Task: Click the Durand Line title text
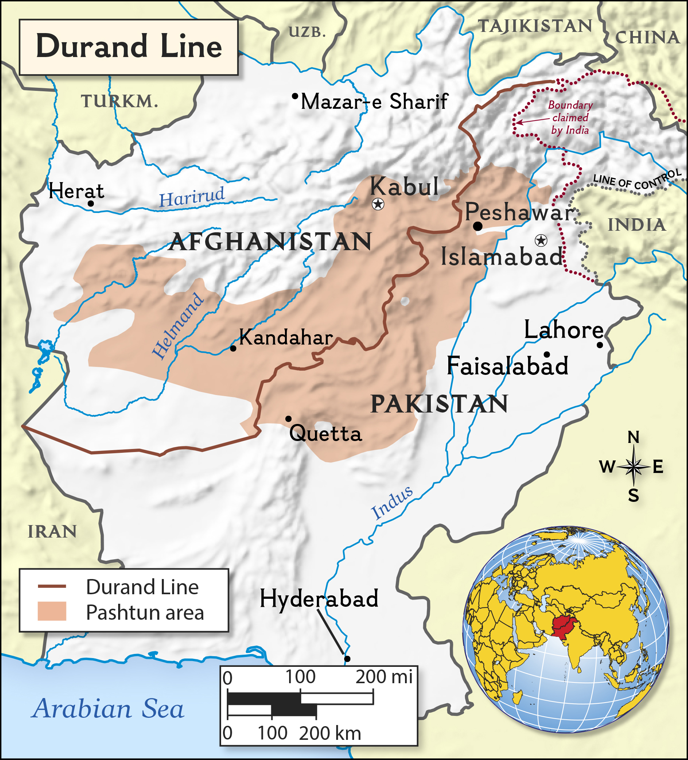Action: (129, 46)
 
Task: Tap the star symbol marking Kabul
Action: (378, 204)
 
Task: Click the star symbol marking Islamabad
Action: (541, 240)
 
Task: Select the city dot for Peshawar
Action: (478, 226)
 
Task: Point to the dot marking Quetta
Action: (288, 419)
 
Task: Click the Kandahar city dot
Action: (233, 348)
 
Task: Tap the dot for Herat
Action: (91, 203)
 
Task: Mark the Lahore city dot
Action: (600, 345)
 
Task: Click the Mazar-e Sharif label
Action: (374, 102)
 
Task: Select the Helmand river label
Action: (178, 326)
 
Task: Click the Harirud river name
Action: (192, 197)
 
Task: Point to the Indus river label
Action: (392, 503)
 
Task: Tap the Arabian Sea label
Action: (109, 709)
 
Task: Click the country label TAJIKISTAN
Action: (535, 26)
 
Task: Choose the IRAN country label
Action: (52, 532)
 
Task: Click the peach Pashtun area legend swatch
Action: (52, 611)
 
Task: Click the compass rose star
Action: (633, 466)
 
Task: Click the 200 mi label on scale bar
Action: (384, 677)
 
